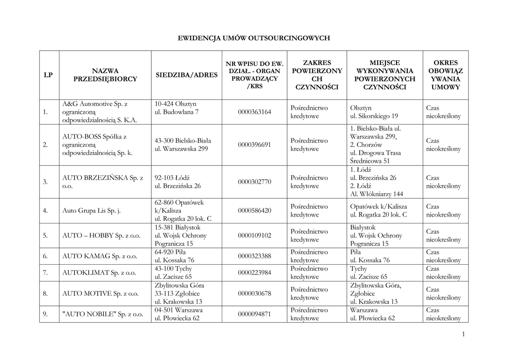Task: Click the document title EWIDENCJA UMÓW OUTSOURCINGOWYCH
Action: pyautogui.click(x=254, y=38)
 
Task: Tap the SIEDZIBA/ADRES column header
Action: pyautogui.click(x=187, y=75)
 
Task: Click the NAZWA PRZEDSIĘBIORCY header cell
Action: pyautogui.click(x=105, y=75)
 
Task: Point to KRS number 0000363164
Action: pyautogui.click(x=254, y=112)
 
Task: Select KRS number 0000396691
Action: pyautogui.click(x=254, y=145)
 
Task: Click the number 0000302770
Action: pyautogui.click(x=254, y=182)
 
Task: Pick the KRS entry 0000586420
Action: pyautogui.click(x=254, y=211)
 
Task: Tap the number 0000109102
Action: pyautogui.click(x=254, y=235)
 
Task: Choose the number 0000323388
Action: pyautogui.click(x=254, y=256)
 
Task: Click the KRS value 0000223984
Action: pyautogui.click(x=254, y=273)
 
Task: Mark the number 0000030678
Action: pyautogui.click(x=254, y=293)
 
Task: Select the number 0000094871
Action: pyautogui.click(x=254, y=314)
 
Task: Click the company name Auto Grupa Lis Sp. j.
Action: pyautogui.click(x=92, y=211)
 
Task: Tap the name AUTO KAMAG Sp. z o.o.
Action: pyautogui.click(x=99, y=256)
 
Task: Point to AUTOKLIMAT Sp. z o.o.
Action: pyautogui.click(x=99, y=273)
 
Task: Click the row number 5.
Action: pyautogui.click(x=45, y=235)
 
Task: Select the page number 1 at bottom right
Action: pyautogui.click(x=463, y=334)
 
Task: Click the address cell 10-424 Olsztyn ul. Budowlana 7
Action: pyautogui.click(x=177, y=108)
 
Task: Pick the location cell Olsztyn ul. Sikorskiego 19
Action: pyautogui.click(x=374, y=112)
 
